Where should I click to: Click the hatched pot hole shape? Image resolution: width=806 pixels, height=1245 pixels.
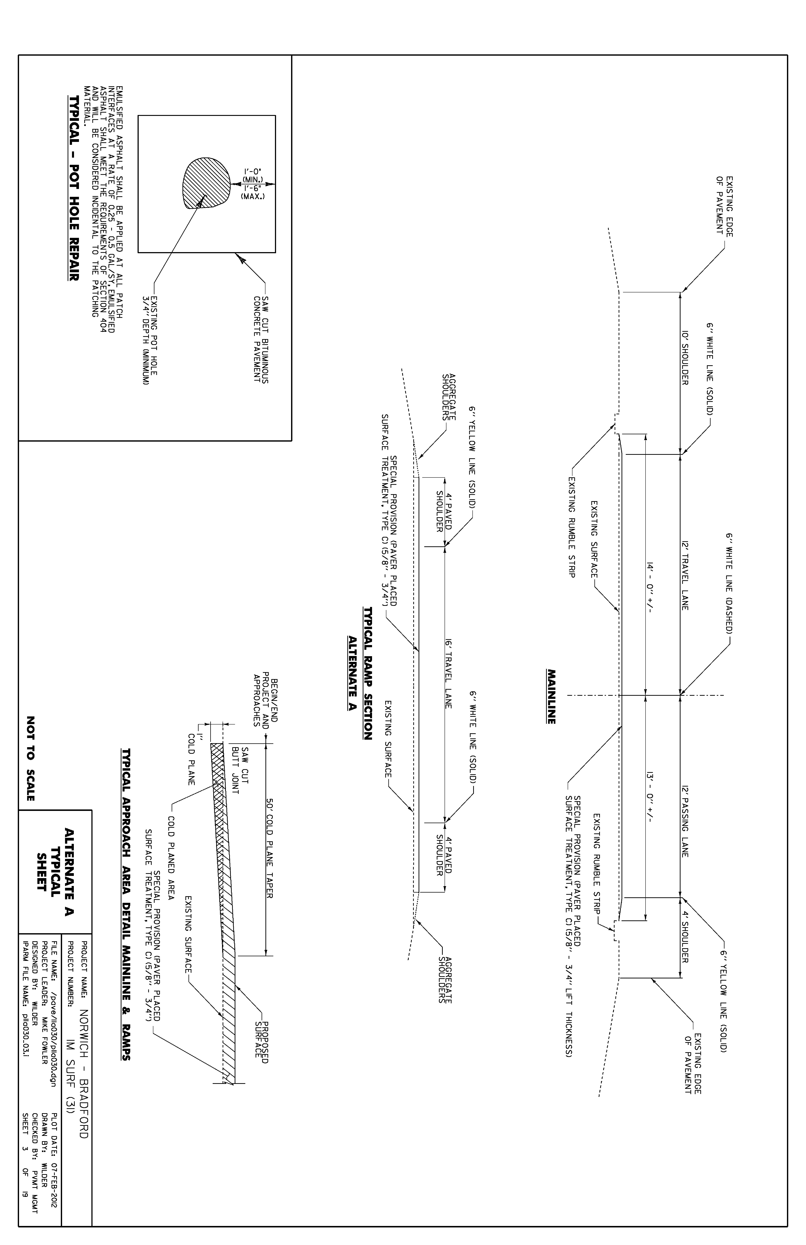click(206, 183)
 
